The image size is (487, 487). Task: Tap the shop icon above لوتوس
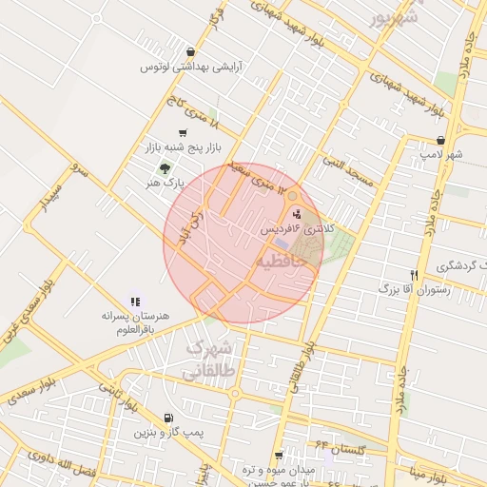(191, 52)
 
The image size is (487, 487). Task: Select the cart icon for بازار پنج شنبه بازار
(183, 133)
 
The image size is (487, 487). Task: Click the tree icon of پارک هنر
(165, 166)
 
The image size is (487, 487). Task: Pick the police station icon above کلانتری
(296, 214)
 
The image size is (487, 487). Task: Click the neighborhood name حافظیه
(282, 259)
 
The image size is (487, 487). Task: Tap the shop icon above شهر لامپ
(439, 140)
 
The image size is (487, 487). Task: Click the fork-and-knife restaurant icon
(413, 274)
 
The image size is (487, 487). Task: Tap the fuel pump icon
(168, 417)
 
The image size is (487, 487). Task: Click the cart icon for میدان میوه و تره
(279, 457)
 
